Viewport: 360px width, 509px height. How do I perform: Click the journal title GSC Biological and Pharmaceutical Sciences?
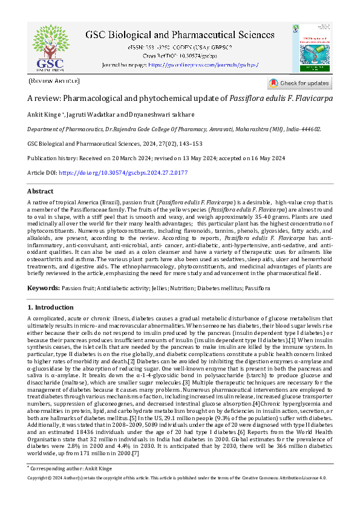180,36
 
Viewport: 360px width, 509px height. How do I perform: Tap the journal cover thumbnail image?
316,48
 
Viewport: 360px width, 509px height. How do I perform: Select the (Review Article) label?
54,81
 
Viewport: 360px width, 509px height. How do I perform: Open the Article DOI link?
123,173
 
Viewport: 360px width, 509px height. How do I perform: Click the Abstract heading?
41,191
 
